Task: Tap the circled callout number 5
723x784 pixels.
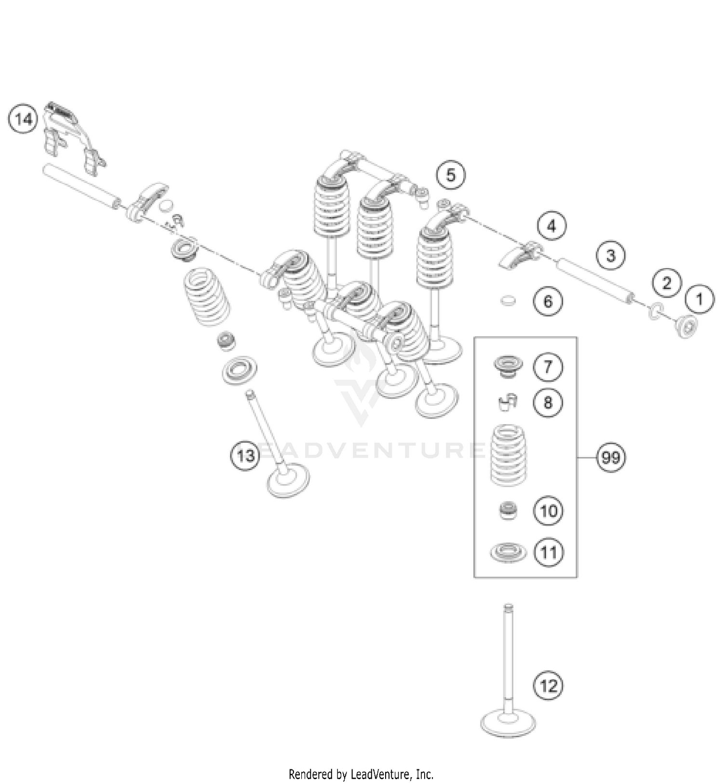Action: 451,175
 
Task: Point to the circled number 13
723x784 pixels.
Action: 245,455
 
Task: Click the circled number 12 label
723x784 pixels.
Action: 548,685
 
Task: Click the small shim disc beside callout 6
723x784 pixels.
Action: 508,301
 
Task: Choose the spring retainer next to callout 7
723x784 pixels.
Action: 508,367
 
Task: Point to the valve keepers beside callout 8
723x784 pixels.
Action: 507,401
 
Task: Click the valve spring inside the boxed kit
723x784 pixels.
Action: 508,456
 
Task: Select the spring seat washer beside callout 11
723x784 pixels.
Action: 508,552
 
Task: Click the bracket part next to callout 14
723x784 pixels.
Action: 72,130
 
